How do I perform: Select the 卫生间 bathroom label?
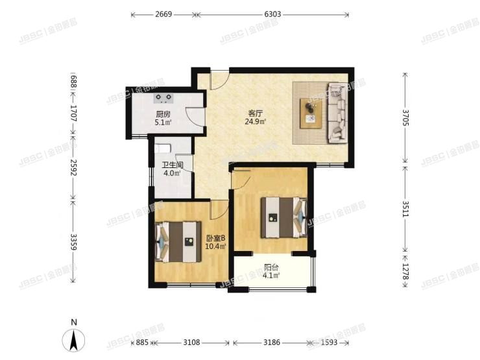[173, 165]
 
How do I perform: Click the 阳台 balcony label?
[272, 267]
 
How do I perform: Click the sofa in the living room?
[338, 112]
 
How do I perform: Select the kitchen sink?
[164, 98]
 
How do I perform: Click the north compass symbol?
[75, 339]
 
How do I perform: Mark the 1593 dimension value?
[330, 342]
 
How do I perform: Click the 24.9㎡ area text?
[255, 121]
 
